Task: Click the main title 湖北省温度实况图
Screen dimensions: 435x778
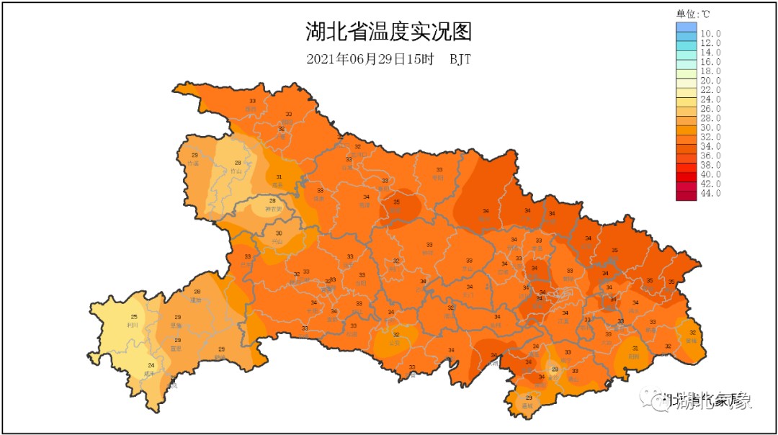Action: point(389,32)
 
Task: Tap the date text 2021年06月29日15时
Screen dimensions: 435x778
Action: point(370,60)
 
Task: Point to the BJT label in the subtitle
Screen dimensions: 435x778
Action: point(460,60)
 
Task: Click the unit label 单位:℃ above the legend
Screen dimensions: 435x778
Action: point(693,14)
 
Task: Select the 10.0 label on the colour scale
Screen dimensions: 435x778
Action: point(710,34)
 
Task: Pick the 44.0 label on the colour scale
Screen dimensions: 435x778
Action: point(710,193)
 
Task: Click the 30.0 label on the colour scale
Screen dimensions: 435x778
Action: point(710,127)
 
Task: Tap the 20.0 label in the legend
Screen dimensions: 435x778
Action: point(710,81)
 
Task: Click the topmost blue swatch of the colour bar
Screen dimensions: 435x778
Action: point(687,27)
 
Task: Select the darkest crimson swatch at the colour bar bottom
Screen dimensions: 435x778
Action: point(687,193)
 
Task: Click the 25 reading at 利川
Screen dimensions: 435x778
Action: point(133,317)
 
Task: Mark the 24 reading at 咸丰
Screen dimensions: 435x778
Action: point(151,366)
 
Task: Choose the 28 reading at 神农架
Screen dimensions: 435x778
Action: point(272,201)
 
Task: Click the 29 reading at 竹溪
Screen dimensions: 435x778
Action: point(194,155)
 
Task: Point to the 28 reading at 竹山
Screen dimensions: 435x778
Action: point(238,163)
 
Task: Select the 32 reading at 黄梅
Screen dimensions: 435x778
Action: point(692,333)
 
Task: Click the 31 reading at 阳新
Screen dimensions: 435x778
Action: point(635,348)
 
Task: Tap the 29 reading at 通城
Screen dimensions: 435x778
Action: point(529,398)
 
